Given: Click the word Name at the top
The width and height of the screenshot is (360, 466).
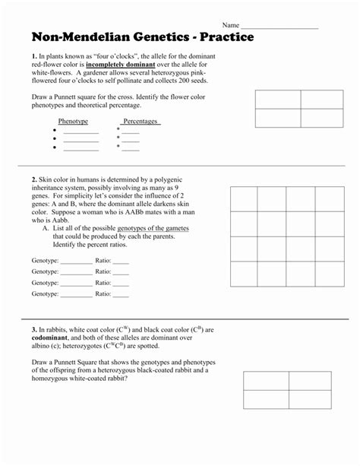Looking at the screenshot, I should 231,25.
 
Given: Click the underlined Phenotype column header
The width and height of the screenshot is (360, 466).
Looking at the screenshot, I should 73,122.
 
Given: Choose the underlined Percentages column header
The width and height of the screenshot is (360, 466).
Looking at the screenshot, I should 141,122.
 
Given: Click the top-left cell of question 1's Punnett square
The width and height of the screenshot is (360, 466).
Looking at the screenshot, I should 278,100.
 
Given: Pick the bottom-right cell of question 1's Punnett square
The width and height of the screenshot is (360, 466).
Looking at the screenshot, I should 322,118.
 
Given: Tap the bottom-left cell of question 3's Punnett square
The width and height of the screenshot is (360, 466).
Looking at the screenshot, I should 267,401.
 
